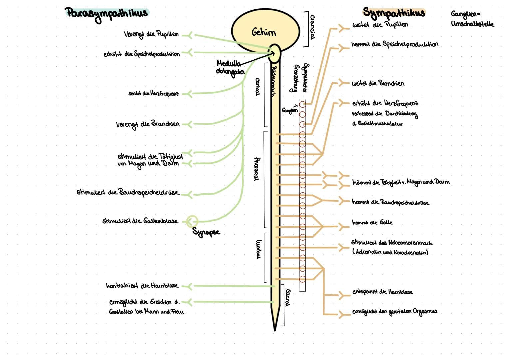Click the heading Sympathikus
click(x=394, y=13)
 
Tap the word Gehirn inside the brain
click(x=263, y=32)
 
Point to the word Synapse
click(x=206, y=232)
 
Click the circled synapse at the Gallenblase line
click(x=192, y=221)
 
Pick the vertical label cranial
click(x=312, y=27)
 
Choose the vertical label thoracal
click(x=256, y=169)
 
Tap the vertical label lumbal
click(x=258, y=249)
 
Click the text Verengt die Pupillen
click(x=151, y=34)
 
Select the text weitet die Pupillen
click(x=380, y=25)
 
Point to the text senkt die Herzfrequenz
click(x=153, y=94)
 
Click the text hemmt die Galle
click(x=372, y=222)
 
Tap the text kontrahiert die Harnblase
click(x=142, y=286)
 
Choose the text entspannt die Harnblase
click(x=382, y=292)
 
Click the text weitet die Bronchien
click(x=378, y=83)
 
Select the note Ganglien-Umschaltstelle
click(x=472, y=19)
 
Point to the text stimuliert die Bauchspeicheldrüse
click(x=128, y=193)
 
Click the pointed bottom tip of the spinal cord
click(x=275, y=329)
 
